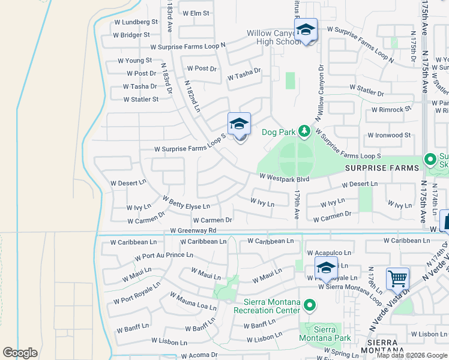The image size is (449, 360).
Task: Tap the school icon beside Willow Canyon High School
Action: click(x=306, y=31)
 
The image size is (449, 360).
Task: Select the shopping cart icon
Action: click(x=397, y=279)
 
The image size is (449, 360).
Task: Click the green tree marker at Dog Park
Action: click(x=304, y=131)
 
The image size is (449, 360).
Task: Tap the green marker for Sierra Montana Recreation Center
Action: click(x=309, y=306)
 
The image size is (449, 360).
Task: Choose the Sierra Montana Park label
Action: click(x=324, y=333)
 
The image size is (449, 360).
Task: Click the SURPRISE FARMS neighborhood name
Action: click(x=382, y=168)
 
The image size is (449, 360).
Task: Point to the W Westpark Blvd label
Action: click(x=285, y=178)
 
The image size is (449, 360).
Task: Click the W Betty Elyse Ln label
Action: click(x=186, y=202)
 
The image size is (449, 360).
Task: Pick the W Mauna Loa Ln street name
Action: click(x=193, y=301)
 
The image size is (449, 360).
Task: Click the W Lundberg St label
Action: click(x=138, y=22)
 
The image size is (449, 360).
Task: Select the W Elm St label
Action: click(x=196, y=13)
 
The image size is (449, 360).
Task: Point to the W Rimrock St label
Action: click(x=391, y=110)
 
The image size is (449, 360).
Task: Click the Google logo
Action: click(x=20, y=352)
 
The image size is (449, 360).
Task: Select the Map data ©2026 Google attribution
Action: click(x=411, y=355)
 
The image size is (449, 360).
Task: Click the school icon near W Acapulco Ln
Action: click(x=325, y=269)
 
